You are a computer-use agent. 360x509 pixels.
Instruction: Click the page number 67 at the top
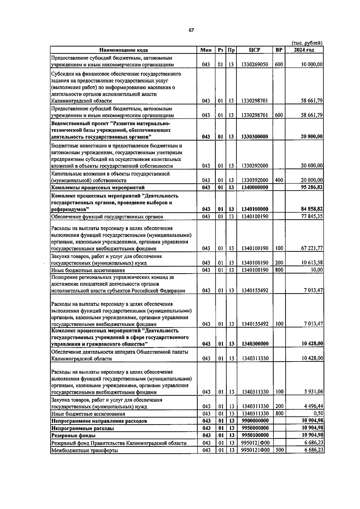pos(191,30)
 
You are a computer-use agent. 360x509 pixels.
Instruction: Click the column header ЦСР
pos(254,50)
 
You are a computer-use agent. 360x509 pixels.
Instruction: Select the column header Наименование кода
pos(124,50)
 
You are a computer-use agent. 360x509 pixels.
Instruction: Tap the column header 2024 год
pos(304,50)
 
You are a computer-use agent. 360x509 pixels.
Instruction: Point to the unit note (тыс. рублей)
pos(307,43)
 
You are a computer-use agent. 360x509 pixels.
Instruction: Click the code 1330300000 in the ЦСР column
pos(255,137)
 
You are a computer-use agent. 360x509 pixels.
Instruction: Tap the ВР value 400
pos(279,180)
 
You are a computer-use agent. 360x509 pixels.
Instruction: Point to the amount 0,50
pos(317,414)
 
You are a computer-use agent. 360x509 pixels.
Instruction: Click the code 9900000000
pos(255,421)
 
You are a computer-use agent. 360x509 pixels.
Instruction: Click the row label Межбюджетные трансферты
pos(85,450)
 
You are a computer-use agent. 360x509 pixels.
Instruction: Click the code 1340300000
pos(255,344)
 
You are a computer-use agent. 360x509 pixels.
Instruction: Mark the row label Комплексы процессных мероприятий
pos(98,188)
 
